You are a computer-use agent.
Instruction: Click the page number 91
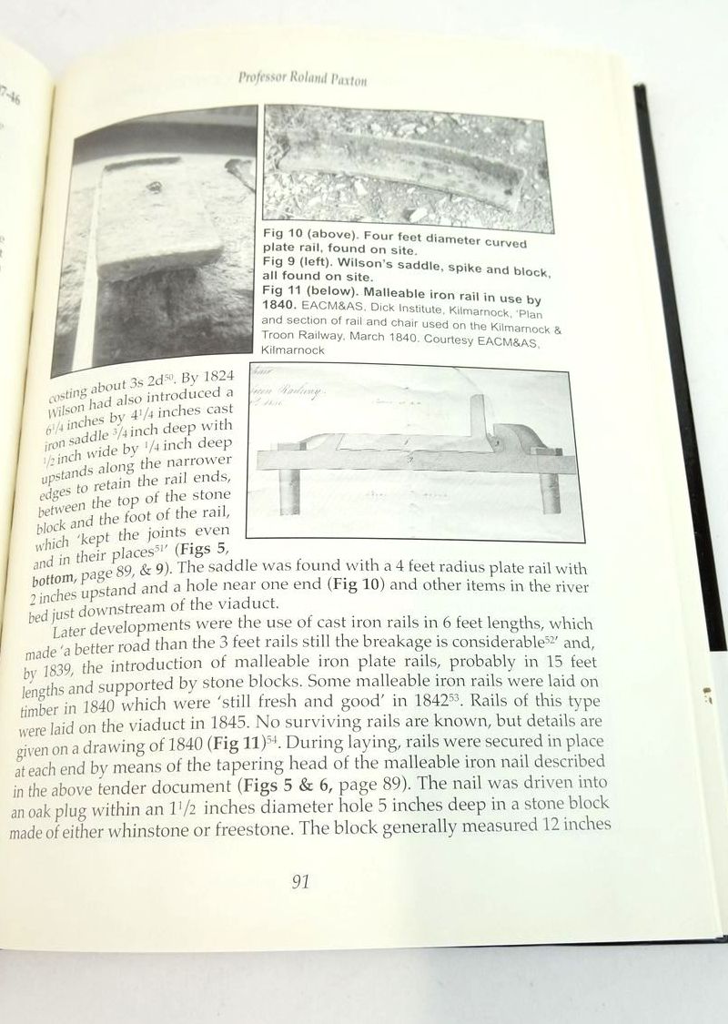(x=300, y=881)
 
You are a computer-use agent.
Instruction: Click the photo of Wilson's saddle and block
(x=155, y=237)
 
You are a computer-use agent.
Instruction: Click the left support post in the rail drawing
(x=290, y=492)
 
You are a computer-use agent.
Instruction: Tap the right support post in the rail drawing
(x=550, y=492)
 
